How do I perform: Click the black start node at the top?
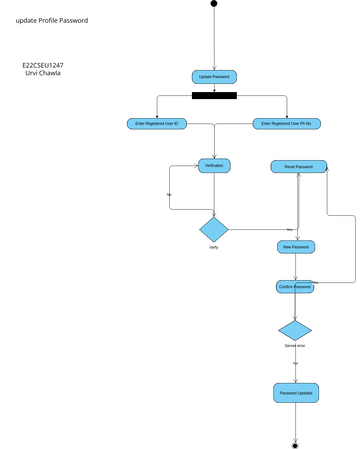(x=214, y=4)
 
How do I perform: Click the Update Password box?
(x=214, y=77)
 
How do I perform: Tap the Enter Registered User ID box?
(x=157, y=124)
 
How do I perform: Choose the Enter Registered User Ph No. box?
(x=287, y=124)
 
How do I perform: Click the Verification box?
(x=214, y=165)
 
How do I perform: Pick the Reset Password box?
(x=298, y=166)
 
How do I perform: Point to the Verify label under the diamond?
(x=214, y=247)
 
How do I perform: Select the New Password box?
(x=296, y=247)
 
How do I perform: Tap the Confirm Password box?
(x=295, y=287)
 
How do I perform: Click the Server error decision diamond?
(x=295, y=330)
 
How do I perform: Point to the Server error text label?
(x=295, y=346)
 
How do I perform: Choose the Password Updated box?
(x=295, y=393)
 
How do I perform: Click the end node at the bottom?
(x=295, y=443)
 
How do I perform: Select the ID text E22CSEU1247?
(x=43, y=65)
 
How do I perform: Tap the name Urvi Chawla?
(x=42, y=73)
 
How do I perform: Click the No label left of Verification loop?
(x=169, y=193)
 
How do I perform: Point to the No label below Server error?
(x=296, y=363)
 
